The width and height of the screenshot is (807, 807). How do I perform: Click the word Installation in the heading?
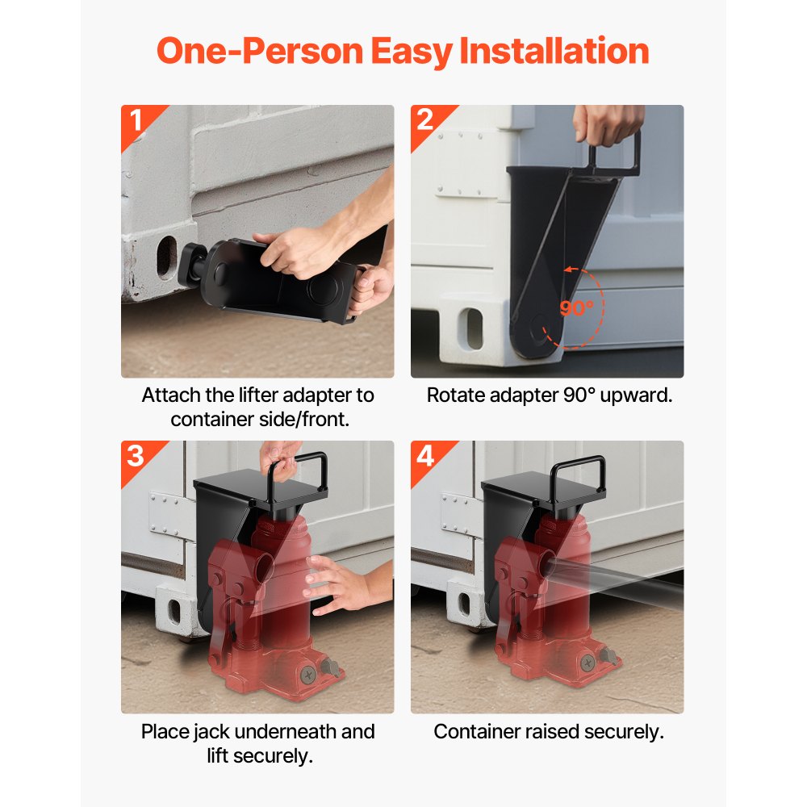554,51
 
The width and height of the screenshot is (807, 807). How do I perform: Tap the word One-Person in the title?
260,51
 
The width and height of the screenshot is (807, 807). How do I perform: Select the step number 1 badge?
136,120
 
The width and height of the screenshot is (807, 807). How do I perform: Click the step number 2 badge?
425,120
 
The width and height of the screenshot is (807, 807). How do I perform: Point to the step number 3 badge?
136,456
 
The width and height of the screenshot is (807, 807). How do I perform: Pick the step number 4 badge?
425,456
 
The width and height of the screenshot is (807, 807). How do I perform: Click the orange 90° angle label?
576,308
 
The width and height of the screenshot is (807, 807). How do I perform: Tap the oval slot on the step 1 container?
167,258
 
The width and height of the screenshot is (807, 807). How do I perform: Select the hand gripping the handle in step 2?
608,124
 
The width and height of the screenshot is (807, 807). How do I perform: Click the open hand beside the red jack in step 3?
342,584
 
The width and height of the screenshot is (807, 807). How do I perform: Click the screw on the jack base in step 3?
308,674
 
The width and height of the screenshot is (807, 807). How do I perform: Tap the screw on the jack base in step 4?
587,663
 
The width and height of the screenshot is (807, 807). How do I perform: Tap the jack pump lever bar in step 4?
613,583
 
